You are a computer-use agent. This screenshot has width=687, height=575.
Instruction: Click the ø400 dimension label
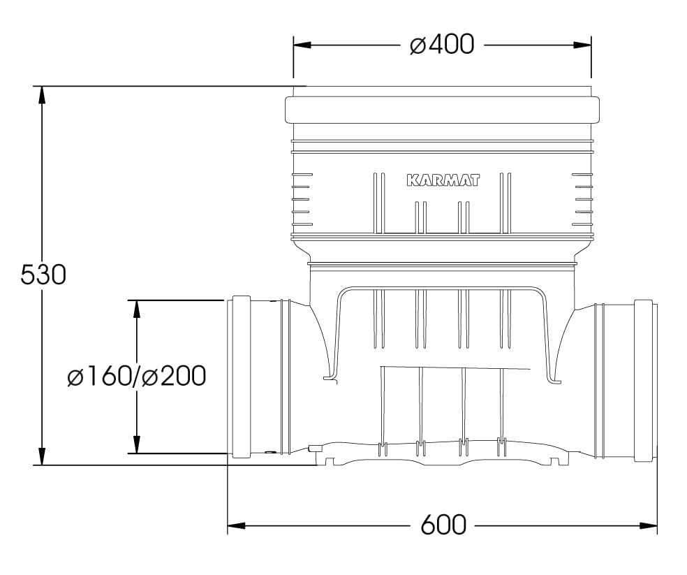click(x=442, y=44)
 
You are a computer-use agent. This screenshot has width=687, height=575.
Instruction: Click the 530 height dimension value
click(x=43, y=275)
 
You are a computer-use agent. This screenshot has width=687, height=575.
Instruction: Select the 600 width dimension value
click(x=443, y=525)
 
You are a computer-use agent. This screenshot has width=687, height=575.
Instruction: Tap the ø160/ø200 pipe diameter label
click(x=137, y=377)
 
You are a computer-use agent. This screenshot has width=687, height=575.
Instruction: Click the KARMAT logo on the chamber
click(x=443, y=180)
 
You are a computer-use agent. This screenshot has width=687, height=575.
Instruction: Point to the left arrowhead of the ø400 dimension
click(x=302, y=45)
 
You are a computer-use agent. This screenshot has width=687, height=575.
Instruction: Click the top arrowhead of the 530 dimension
click(x=42, y=95)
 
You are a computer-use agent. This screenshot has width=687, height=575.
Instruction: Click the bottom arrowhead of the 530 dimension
click(x=42, y=456)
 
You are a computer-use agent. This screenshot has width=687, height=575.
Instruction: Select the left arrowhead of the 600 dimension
click(x=237, y=525)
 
